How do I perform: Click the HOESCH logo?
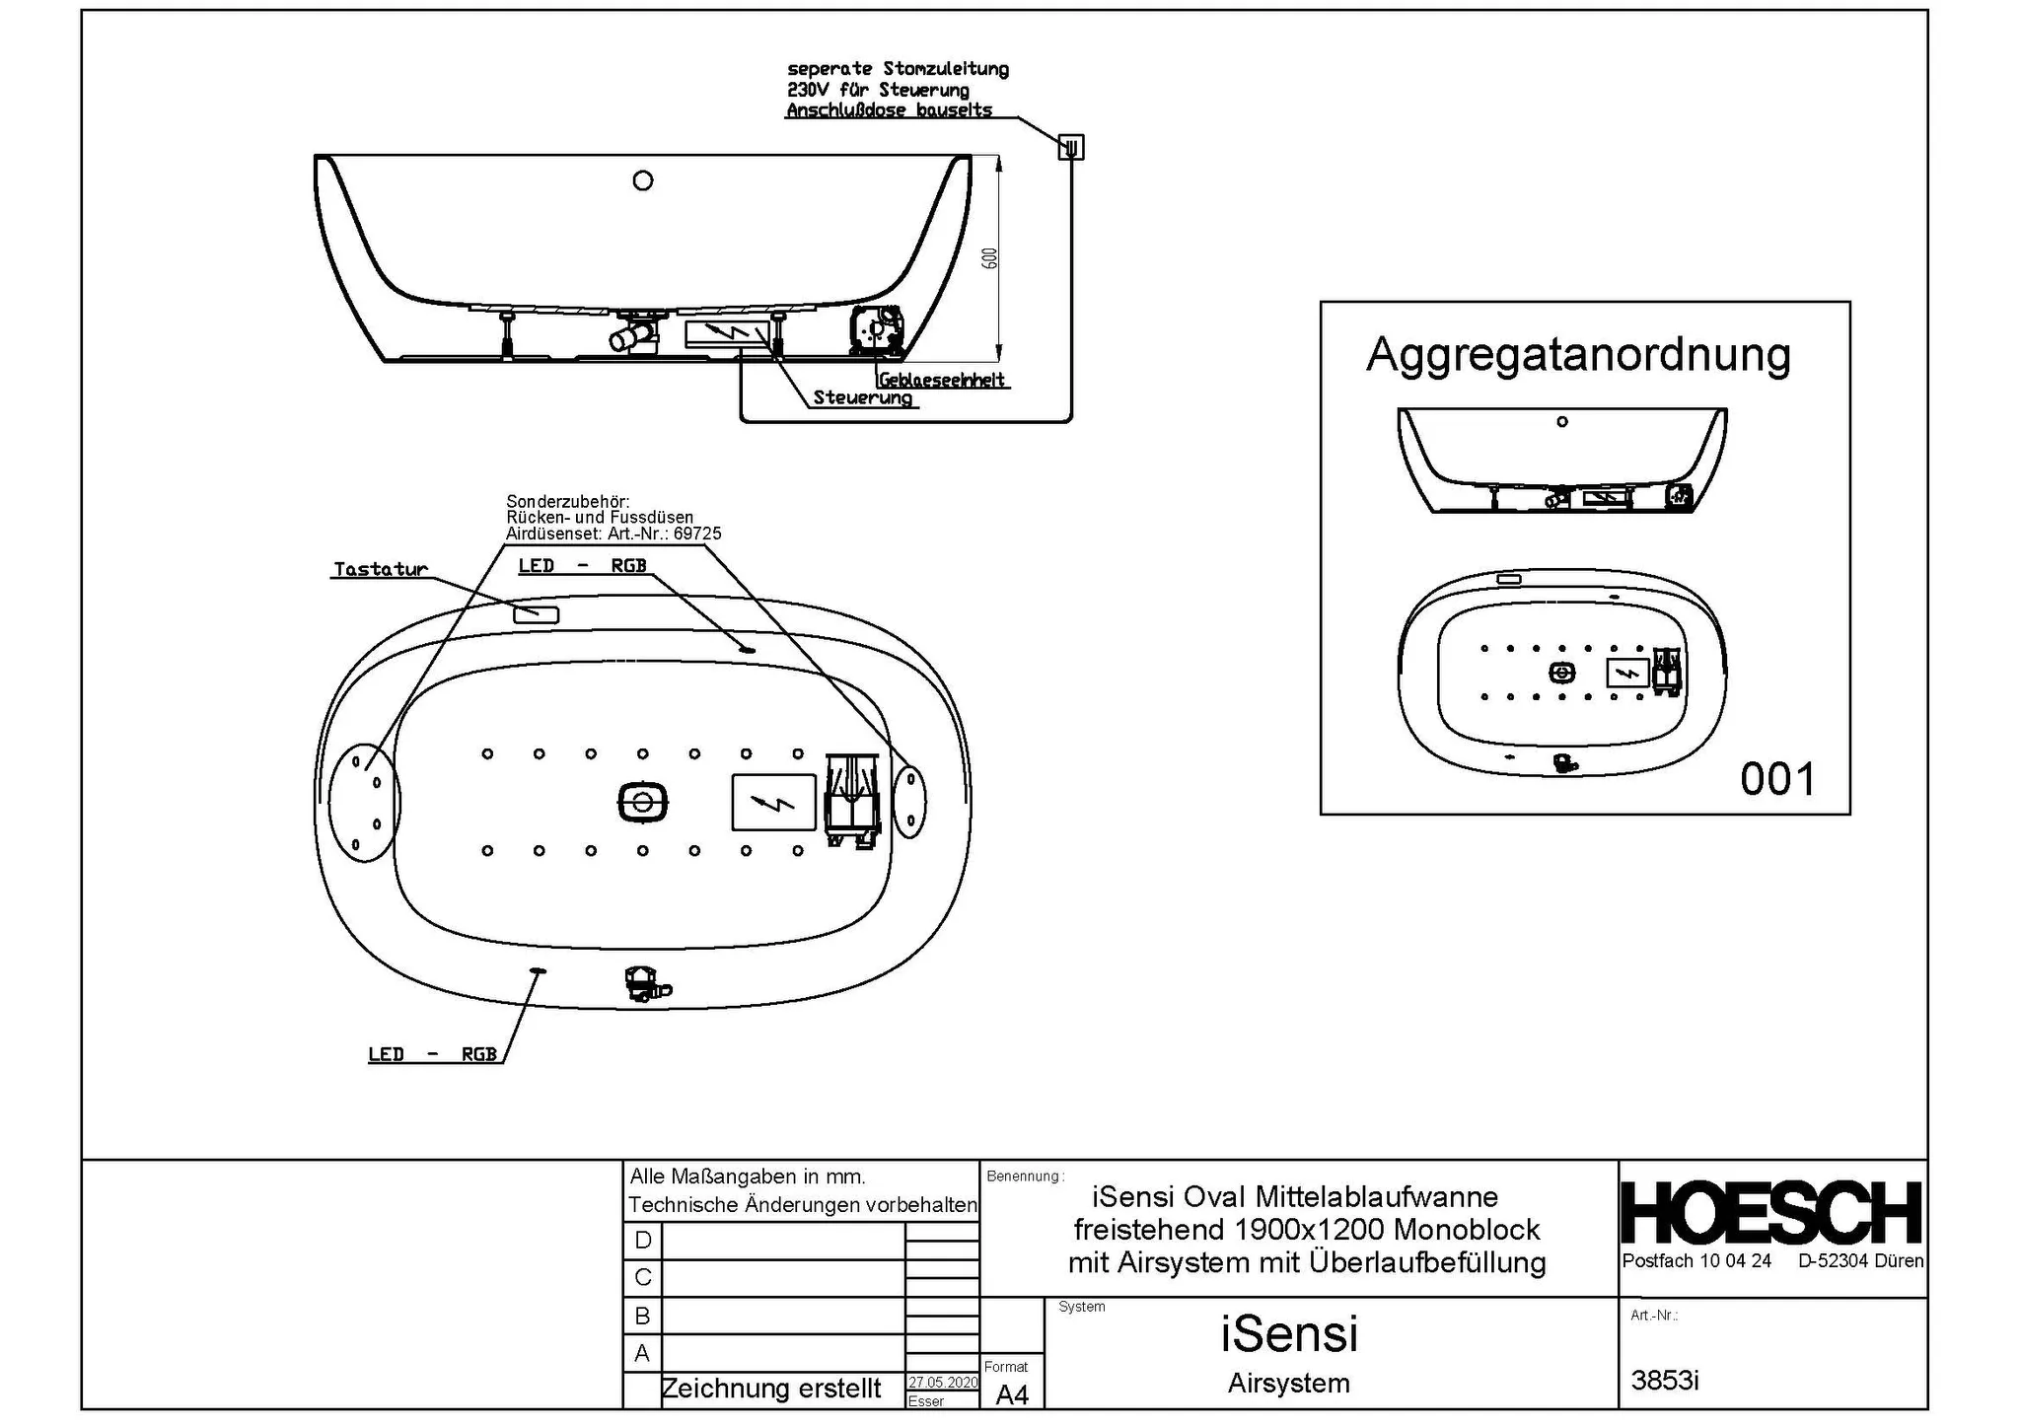[1771, 1212]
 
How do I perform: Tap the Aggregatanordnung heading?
[1578, 355]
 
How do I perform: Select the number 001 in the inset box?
[1777, 779]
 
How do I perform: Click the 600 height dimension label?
[990, 257]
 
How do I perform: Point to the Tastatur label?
[381, 569]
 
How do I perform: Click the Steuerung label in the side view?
[862, 397]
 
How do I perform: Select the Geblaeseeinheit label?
[942, 380]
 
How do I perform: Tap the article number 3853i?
[1665, 1381]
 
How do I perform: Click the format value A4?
[1012, 1394]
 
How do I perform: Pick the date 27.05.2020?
[943, 1383]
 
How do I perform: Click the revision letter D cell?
[643, 1240]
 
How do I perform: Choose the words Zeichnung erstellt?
[771, 1389]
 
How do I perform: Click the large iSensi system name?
[1289, 1333]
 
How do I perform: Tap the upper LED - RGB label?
[582, 565]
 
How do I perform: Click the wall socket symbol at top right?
[1071, 147]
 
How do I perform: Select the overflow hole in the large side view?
[643, 180]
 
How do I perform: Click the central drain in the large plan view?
[643, 802]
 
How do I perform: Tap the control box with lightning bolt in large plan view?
[773, 802]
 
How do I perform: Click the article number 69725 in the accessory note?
[697, 534]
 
